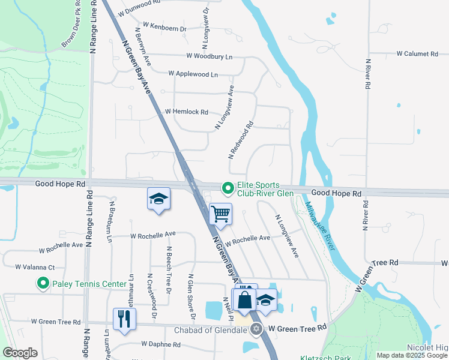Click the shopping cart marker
coord(221,214)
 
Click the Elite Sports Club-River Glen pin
coord(228,188)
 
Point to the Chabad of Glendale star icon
coord(256,328)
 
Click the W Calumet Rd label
coord(417,54)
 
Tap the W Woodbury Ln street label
coord(209,56)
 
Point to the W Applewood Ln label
coord(193,74)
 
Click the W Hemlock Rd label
coord(186,112)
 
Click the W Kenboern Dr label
coord(160,29)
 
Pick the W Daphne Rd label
coord(160,345)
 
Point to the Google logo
coord(20,353)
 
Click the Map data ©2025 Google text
coord(412,355)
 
